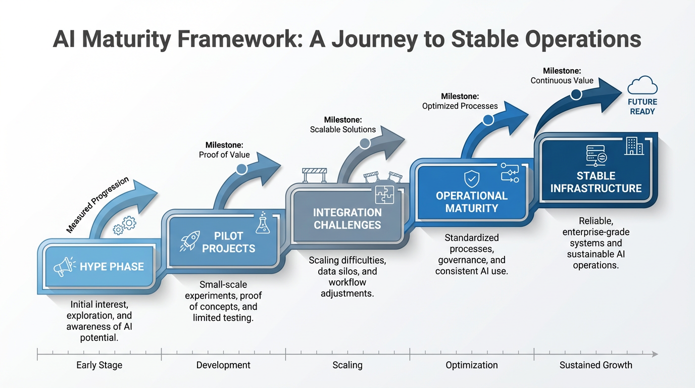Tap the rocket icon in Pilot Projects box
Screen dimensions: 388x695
pyautogui.click(x=190, y=241)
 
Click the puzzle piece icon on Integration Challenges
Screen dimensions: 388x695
pyautogui.click(x=384, y=196)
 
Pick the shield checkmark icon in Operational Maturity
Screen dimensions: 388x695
pyautogui.click(x=472, y=178)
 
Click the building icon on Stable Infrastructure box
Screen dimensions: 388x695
pyautogui.click(x=634, y=146)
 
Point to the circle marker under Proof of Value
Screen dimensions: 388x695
pyautogui.click(x=242, y=169)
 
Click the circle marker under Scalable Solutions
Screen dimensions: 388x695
pyautogui.click(x=365, y=143)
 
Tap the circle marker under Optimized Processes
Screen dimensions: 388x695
pyautogui.click(x=488, y=120)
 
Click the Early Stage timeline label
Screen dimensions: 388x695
pyautogui.click(x=99, y=365)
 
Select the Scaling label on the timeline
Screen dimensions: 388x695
pyautogui.click(x=347, y=365)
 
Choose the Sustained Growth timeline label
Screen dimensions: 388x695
pyautogui.click(x=595, y=365)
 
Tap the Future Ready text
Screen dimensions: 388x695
pyautogui.click(x=642, y=107)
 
